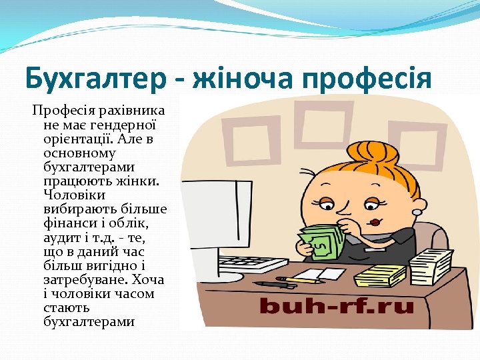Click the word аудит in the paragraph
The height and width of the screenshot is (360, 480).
[x=59, y=237]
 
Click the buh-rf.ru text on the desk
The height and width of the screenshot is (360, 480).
[x=336, y=307]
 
